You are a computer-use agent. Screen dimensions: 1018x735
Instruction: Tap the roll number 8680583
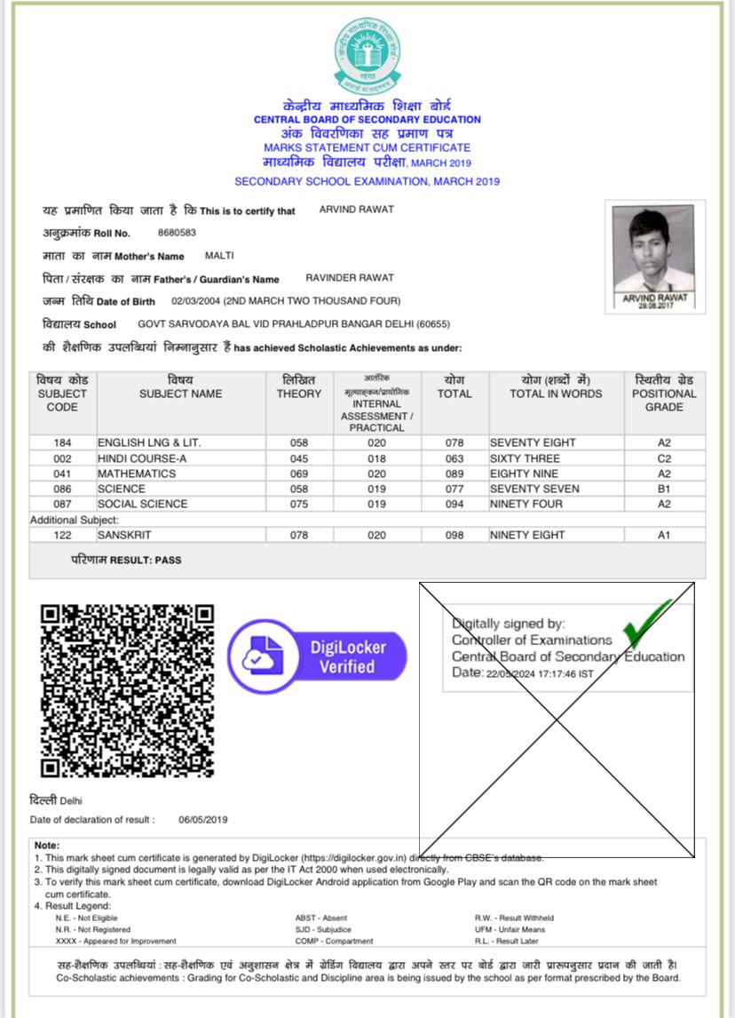click(177, 233)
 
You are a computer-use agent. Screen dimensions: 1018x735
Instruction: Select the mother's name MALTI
click(218, 256)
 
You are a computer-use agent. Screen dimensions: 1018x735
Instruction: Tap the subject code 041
click(62, 473)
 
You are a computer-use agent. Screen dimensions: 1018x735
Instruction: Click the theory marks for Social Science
click(298, 504)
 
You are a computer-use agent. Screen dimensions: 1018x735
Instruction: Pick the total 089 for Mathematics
click(454, 473)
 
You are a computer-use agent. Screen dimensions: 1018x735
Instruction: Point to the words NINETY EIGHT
click(527, 535)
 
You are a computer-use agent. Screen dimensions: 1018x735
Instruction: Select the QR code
click(128, 690)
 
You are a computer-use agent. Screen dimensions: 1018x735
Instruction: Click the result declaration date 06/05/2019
click(202, 819)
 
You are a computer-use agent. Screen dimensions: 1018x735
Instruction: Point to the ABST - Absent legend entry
click(321, 918)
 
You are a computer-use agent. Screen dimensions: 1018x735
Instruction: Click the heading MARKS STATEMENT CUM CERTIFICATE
click(367, 147)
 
